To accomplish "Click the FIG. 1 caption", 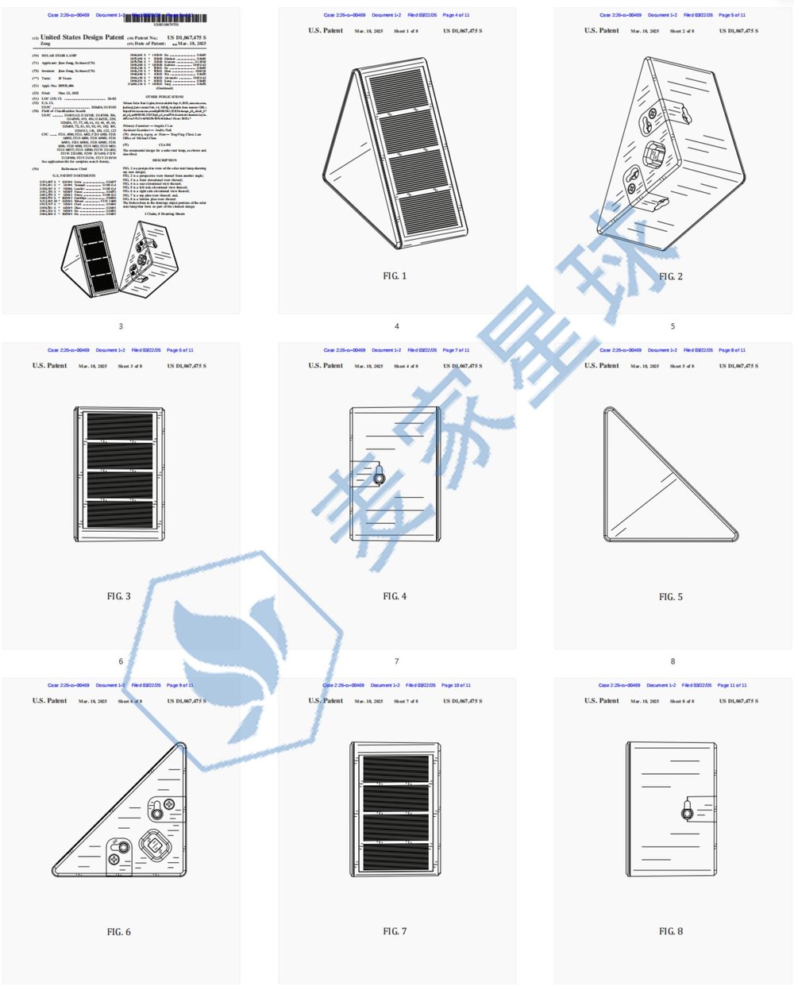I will pos(395,276).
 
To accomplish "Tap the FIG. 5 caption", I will pos(670,597).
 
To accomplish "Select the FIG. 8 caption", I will pos(670,931).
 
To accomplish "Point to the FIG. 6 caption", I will pos(118,932).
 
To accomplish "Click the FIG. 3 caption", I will pos(118,596).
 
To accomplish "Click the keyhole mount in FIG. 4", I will pos(380,478).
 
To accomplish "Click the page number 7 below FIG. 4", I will pos(396,661).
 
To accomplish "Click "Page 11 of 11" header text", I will pos(732,685).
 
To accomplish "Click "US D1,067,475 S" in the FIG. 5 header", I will pos(738,366).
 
